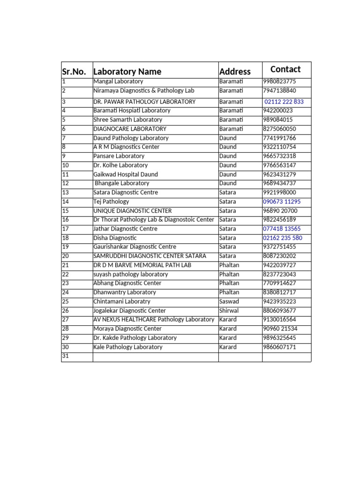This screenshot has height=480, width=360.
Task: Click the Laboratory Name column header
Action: tap(127, 72)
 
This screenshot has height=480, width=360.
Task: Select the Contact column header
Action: tap(285, 69)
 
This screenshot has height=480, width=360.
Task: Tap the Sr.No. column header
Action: tap(74, 72)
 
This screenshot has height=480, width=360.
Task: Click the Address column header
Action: tap(235, 72)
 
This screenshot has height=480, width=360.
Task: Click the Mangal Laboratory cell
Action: tap(118, 82)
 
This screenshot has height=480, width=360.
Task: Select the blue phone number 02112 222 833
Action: tap(284, 102)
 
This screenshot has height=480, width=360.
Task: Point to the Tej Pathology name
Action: tap(111, 202)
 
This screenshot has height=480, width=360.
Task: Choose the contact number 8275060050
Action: tap(279, 129)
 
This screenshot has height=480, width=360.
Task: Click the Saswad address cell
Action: tap(229, 301)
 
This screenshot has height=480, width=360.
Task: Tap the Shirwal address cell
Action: tap(229, 311)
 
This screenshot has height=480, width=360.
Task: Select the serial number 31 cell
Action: tap(66, 356)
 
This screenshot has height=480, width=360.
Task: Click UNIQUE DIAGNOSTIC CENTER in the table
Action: tap(133, 211)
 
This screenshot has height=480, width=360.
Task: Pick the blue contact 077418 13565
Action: tap(282, 229)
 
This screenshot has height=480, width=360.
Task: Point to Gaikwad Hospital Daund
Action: tap(126, 174)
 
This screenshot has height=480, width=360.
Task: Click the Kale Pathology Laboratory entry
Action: tap(128, 347)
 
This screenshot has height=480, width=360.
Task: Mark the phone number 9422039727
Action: tap(279, 265)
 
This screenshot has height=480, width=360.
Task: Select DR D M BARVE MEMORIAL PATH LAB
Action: tap(142, 265)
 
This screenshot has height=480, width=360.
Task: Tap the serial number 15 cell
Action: tap(66, 211)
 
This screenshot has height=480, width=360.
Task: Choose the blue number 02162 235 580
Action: tap(283, 238)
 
